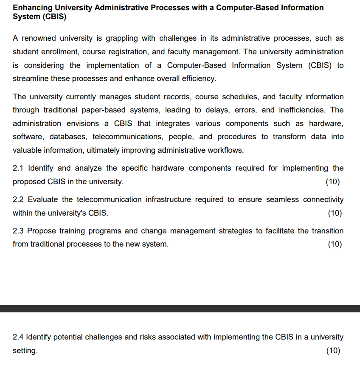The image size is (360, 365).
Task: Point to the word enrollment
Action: [61, 52]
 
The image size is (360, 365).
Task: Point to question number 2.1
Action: [18, 168]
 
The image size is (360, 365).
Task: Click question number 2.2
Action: [18, 199]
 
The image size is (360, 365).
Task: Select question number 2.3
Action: [18, 231]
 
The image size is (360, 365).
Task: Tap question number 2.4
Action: [18, 337]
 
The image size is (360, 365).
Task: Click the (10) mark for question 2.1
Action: [333, 182]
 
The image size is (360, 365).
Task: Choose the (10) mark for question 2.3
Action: [335, 244]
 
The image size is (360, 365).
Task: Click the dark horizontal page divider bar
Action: [180, 309]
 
